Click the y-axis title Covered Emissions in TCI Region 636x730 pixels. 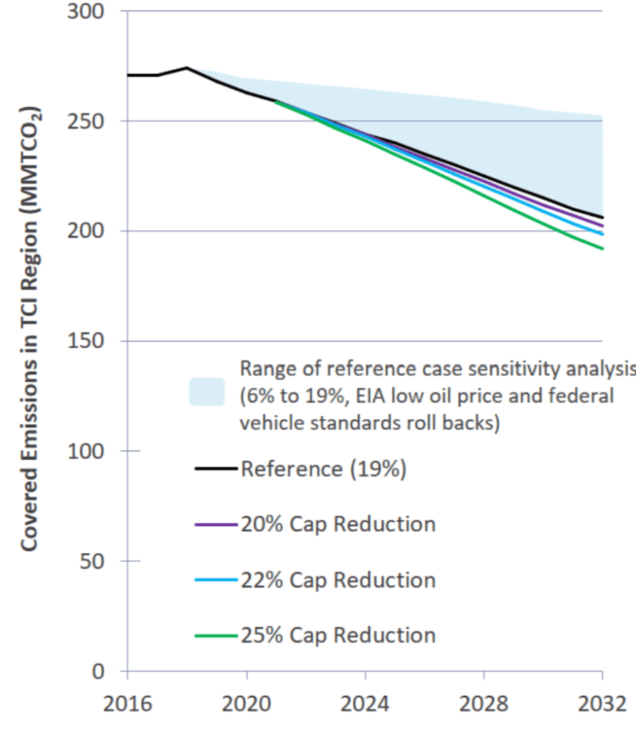click(x=30, y=329)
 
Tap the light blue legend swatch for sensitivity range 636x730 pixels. click(x=207, y=391)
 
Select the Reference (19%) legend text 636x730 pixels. click(x=324, y=469)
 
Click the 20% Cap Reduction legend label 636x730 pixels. click(x=338, y=525)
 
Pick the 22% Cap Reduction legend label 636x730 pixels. click(x=338, y=580)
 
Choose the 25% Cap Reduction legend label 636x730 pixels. click(x=338, y=635)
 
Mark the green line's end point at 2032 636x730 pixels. click(x=603, y=249)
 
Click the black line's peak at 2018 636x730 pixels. click(x=187, y=68)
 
